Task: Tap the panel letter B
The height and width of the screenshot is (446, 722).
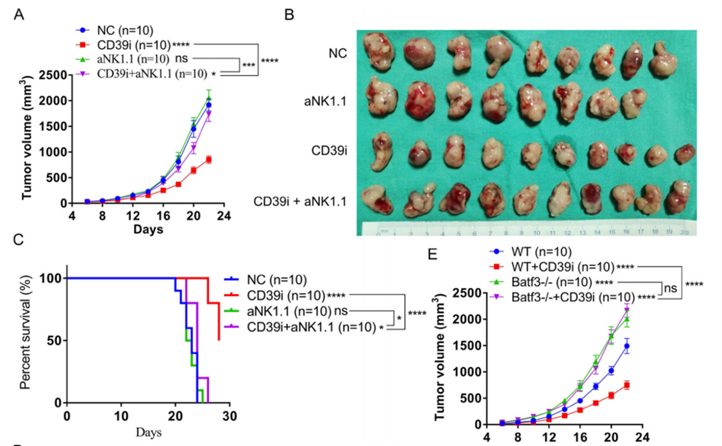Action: pyautogui.click(x=290, y=14)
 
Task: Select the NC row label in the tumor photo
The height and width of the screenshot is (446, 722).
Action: pyautogui.click(x=336, y=53)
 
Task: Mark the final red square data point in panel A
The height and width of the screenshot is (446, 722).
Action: pyautogui.click(x=209, y=159)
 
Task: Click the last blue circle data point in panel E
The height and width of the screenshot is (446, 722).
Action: pyautogui.click(x=627, y=346)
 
